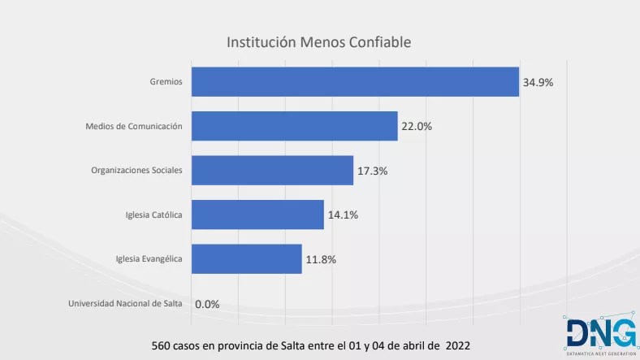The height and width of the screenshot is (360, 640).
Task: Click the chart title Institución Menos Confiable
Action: pos(319,41)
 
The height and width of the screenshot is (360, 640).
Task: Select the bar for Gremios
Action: pos(355,81)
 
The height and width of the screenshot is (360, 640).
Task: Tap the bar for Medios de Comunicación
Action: pos(294,126)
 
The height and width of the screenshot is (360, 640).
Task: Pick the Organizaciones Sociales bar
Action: pos(272,171)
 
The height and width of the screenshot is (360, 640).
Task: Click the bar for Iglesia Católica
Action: pos(257,215)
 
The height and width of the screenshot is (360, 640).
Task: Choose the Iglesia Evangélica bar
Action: pos(246,259)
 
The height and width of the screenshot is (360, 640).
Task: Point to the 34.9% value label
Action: pos(538,82)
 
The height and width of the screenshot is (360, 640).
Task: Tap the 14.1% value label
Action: pos(342,215)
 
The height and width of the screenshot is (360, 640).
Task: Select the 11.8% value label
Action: pos(320,260)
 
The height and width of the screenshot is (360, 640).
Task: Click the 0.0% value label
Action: pos(207,305)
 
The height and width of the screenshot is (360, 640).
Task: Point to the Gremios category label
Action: pos(166,81)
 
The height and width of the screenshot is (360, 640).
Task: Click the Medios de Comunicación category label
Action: pos(134,126)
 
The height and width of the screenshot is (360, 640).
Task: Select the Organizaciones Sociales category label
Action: pos(136,171)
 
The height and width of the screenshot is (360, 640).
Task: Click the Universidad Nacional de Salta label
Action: pos(125,304)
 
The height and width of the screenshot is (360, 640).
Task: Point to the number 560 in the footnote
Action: pos(162,345)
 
